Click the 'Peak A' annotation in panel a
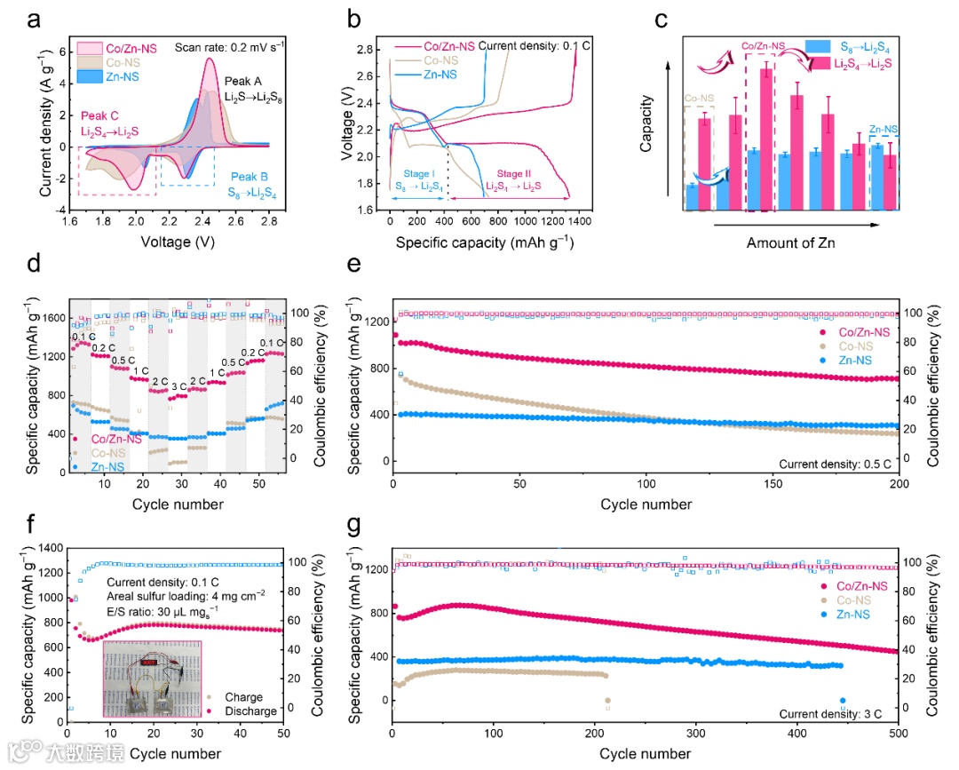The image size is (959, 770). click(x=243, y=80)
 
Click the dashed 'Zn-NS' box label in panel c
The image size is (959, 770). click(x=883, y=130)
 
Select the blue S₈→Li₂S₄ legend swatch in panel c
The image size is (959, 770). click(x=818, y=47)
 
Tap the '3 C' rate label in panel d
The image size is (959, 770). click(x=179, y=386)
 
